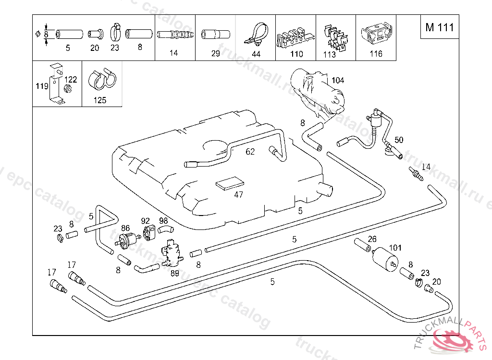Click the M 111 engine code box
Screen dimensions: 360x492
[439, 27]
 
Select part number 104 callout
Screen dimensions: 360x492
[338, 80]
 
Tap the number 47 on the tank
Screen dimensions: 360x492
[239, 194]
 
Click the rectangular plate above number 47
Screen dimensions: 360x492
[230, 184]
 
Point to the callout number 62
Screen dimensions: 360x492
[250, 152]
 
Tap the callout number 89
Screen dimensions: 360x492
[174, 273]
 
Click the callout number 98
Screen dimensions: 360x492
[163, 221]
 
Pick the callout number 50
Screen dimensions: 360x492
[399, 140]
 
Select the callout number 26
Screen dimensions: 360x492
[372, 239]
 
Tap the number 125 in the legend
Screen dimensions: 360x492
[100, 100]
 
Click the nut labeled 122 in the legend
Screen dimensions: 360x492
[68, 89]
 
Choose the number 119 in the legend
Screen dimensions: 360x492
[42, 86]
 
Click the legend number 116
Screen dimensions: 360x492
[376, 54]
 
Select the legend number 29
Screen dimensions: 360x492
[216, 53]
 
